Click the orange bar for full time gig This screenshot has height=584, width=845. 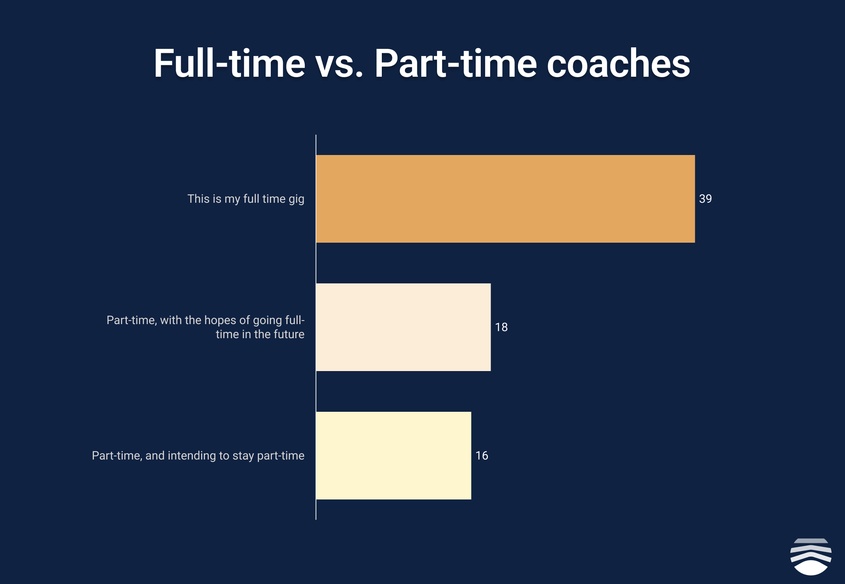coord(505,199)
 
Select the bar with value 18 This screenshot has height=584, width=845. coord(403,327)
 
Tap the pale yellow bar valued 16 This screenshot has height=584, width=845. coord(394,456)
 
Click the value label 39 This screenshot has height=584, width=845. coord(705,199)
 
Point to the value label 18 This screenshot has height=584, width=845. coord(501,327)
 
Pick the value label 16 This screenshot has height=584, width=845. coord(482,456)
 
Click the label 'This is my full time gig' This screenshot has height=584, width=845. coord(246,199)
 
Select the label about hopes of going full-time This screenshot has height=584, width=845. coord(205,327)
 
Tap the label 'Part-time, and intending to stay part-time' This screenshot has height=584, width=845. coord(198,456)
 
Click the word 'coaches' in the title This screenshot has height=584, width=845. coord(618,63)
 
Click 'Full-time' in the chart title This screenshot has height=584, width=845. coord(229,63)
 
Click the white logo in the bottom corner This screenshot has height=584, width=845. coord(811,557)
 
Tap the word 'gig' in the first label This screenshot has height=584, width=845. coord(297,200)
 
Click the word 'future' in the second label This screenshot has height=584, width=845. coord(289,334)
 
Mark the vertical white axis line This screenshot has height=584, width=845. coord(316,327)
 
